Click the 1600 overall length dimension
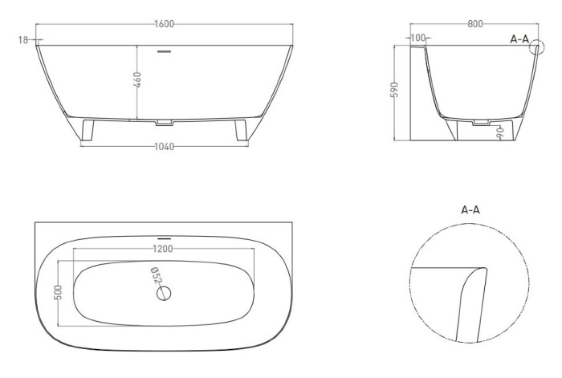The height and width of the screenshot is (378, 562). tap(164, 24)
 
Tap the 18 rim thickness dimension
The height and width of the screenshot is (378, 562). tap(23, 40)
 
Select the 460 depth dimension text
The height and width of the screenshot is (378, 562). tap(137, 79)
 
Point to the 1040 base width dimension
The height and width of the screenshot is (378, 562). tap(164, 147)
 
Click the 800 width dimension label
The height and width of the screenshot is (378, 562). tap(475, 24)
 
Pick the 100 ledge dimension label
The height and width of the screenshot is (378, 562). tap(418, 38)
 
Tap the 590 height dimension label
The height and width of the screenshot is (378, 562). tap(394, 90)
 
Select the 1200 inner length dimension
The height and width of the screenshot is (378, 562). tap(163, 249)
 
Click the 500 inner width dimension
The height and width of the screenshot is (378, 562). tap(59, 292)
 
